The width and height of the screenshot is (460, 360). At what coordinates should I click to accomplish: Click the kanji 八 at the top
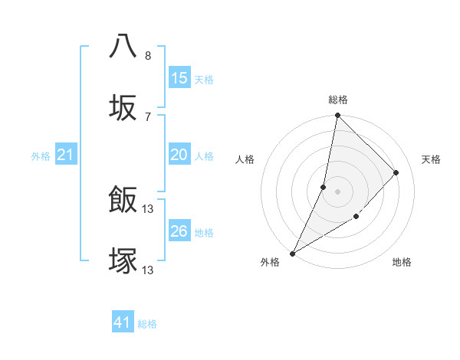pos(123,46)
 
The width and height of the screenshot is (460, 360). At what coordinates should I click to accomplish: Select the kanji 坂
pos(123,108)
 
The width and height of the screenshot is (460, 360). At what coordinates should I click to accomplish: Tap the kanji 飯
pos(123,201)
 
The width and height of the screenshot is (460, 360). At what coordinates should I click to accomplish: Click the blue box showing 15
pos(179,78)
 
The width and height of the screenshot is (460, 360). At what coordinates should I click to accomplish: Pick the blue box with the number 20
pos(179,155)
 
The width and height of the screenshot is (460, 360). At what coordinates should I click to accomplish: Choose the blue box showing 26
pos(179,231)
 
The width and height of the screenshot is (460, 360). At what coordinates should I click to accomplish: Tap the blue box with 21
pos(66,155)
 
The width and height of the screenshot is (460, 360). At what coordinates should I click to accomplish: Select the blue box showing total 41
pos(123,322)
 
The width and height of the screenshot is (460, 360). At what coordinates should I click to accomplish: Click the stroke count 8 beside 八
pos(148,56)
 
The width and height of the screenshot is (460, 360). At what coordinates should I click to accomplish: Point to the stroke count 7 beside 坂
pos(148,116)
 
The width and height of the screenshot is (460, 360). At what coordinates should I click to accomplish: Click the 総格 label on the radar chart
pos(338,100)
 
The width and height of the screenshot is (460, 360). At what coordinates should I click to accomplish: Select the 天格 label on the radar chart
pos(431,159)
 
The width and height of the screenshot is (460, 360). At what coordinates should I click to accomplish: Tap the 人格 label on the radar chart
pos(245,159)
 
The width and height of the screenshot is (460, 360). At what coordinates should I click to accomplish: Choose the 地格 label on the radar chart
pos(402,263)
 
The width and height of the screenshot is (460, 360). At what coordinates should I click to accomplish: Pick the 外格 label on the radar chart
pos(270,263)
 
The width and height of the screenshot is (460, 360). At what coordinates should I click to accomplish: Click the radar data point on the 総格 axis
pos(337,116)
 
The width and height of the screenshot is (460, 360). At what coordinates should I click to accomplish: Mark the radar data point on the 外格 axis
pos(292,253)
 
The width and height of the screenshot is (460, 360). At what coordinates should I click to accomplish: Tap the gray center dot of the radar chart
pos(337,191)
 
